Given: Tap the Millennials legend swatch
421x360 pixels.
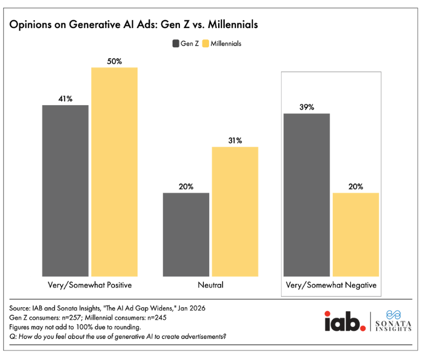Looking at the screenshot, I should point(206,43).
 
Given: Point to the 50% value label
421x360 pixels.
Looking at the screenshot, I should point(115,61).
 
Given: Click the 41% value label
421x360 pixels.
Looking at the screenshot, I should point(65,98).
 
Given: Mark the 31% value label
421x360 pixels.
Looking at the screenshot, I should point(234,140).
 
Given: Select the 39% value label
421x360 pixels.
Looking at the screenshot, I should point(306,107).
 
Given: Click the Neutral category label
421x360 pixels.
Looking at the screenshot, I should point(210,285).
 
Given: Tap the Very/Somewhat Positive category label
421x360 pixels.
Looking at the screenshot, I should point(90,285).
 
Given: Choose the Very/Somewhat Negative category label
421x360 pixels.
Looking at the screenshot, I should point(331,285).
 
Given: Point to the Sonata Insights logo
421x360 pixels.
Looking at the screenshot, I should point(391,321).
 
